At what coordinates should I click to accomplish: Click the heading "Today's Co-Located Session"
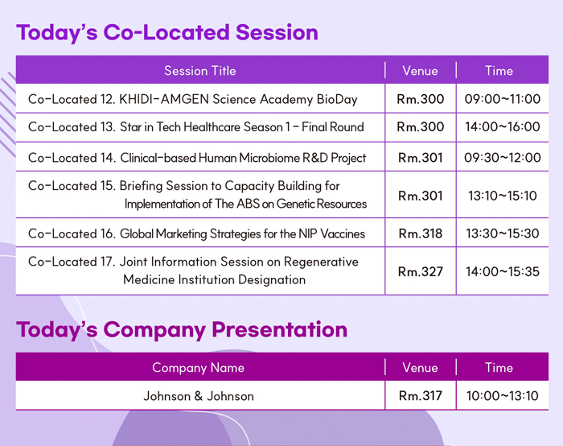click(167, 33)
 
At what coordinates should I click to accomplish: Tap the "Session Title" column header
click(200, 71)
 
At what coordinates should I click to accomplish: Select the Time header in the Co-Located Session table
click(499, 71)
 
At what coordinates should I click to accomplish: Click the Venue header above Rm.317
click(420, 368)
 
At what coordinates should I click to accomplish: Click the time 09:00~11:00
click(503, 99)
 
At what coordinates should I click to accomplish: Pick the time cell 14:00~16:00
click(503, 127)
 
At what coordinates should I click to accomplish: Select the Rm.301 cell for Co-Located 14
click(421, 158)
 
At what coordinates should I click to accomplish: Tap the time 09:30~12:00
click(503, 158)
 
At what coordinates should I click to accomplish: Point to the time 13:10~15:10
click(503, 196)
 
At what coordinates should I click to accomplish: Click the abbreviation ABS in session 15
click(248, 204)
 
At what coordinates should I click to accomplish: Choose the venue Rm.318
click(421, 234)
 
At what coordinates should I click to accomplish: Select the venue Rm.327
click(421, 271)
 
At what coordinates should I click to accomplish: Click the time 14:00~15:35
click(503, 271)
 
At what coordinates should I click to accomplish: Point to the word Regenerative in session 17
click(321, 262)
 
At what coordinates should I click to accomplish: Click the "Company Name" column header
click(198, 368)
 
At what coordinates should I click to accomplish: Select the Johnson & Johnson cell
click(199, 396)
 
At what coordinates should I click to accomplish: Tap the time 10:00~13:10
click(503, 396)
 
